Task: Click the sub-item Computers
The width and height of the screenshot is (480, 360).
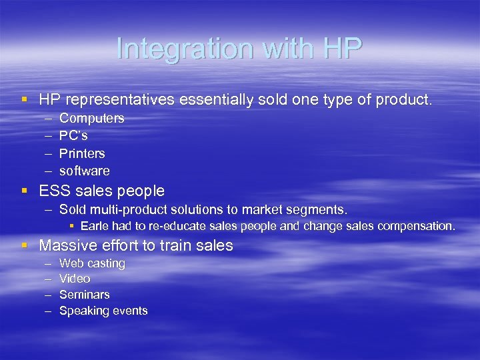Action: point(92,118)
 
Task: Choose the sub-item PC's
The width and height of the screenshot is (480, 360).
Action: point(73,135)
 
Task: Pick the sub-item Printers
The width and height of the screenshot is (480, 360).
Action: point(82,153)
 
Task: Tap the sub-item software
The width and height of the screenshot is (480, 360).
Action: point(85,171)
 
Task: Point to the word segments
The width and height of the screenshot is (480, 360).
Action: point(317,210)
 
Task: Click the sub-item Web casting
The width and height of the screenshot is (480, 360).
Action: point(92,263)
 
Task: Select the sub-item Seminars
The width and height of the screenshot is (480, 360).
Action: point(85,294)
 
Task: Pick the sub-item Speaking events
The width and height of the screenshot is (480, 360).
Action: point(103,311)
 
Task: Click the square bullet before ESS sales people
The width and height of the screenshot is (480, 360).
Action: point(25,191)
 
